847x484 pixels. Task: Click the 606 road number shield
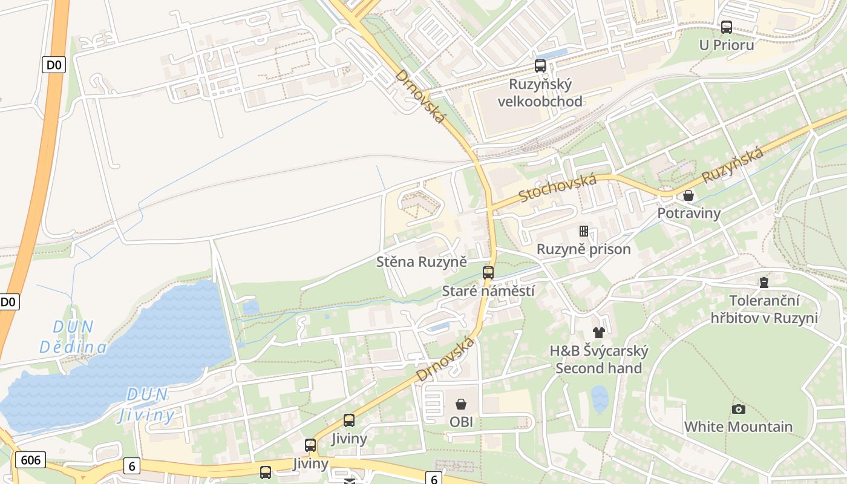pos(30,460)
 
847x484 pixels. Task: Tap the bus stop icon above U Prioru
pos(726,27)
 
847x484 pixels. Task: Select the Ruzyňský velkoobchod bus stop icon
pos(540,66)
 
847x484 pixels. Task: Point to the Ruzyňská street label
pos(733,165)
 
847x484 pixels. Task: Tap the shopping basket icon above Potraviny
pos(688,195)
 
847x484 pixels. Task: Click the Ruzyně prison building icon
pos(584,231)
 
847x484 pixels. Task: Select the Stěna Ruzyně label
pos(422,262)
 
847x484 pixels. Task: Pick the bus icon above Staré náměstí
pos(488,273)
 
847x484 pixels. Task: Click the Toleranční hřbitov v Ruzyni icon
pos(764,283)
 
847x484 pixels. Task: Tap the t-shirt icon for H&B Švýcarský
pos(599,332)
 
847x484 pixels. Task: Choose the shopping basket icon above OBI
pos(461,404)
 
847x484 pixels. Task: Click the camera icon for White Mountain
pos(738,409)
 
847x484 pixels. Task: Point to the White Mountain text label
pos(738,427)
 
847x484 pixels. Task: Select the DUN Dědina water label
pos(73,337)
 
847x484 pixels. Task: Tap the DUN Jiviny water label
pos(146,405)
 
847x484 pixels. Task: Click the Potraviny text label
pos(689,213)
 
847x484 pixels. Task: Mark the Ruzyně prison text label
pos(584,249)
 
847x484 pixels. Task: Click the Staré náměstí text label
pos(488,291)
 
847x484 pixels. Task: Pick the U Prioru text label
pos(727,45)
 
